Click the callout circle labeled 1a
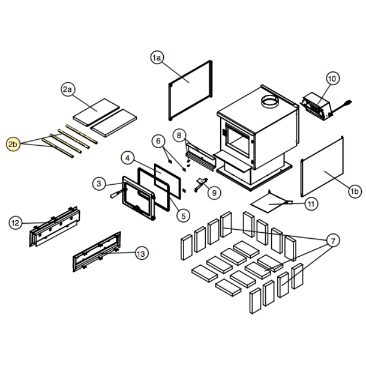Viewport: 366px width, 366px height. coord(157,58)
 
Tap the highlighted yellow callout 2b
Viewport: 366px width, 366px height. coord(13,144)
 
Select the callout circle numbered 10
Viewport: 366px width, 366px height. coord(332,79)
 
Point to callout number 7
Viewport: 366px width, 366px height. coord(333,241)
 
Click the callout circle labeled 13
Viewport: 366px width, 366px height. coord(142,253)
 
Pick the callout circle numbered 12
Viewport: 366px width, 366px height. coord(16,223)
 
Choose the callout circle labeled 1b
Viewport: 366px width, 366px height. coord(355,191)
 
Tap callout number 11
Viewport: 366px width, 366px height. coord(311,204)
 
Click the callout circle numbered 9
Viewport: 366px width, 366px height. coord(214,193)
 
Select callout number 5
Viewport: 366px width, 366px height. coord(184,216)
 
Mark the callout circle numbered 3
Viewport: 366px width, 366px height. coord(99,184)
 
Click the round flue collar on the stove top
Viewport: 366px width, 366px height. coord(270,102)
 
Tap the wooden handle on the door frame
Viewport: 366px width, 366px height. coord(115,194)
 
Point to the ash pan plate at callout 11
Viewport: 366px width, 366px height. coord(271,202)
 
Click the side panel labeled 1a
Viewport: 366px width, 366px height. coord(190,91)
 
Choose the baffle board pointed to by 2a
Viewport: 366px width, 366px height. coord(96,112)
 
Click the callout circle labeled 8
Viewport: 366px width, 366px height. coord(179,136)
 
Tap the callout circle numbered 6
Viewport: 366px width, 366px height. coord(158,141)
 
